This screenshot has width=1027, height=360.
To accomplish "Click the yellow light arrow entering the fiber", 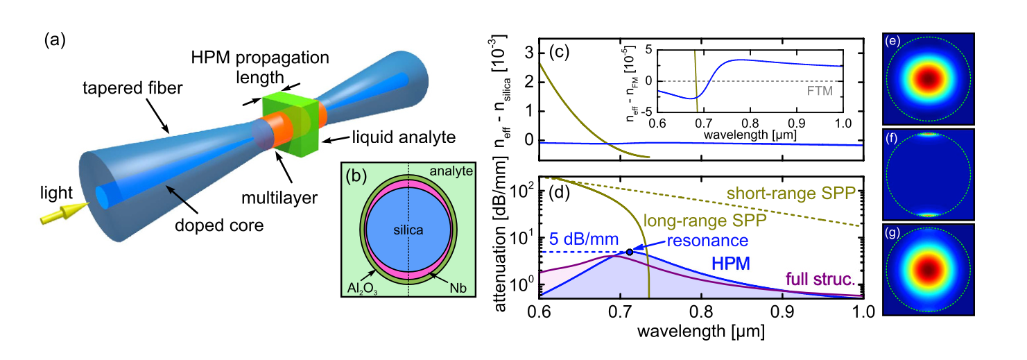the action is pos(64,214).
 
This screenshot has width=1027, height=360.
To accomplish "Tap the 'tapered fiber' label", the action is pos(132,87).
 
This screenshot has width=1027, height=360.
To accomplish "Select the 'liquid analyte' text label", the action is pos(404,137).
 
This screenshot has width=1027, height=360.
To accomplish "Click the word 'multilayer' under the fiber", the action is pos(279,198).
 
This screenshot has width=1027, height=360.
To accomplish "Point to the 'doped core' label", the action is pos(219,225).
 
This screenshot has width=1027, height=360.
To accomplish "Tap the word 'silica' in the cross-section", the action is pos(408,230).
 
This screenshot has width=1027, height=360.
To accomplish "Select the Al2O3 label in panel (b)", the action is pos(362,289).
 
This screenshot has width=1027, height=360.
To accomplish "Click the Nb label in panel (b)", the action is pos(458,288).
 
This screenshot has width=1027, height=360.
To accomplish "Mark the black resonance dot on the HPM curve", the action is pos(630,252).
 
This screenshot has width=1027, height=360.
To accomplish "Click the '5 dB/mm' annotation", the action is pos(584,239).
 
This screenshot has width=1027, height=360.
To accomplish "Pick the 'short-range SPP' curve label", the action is pos(791,194).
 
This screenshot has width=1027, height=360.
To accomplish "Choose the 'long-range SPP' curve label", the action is pos(705,221).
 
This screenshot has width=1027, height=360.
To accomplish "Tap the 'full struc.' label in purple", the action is pos(820,278).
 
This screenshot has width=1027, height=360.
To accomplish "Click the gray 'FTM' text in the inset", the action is pos(819,91).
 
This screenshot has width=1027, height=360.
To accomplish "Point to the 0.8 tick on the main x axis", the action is pos(702,312).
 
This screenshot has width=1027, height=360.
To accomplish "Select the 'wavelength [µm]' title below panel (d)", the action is pos(701,331).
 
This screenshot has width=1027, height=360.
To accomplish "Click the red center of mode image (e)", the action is pos(929,79).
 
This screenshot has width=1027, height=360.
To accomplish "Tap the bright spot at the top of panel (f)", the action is pos(929,134).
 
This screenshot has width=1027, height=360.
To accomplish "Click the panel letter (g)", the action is pos(892,232).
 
